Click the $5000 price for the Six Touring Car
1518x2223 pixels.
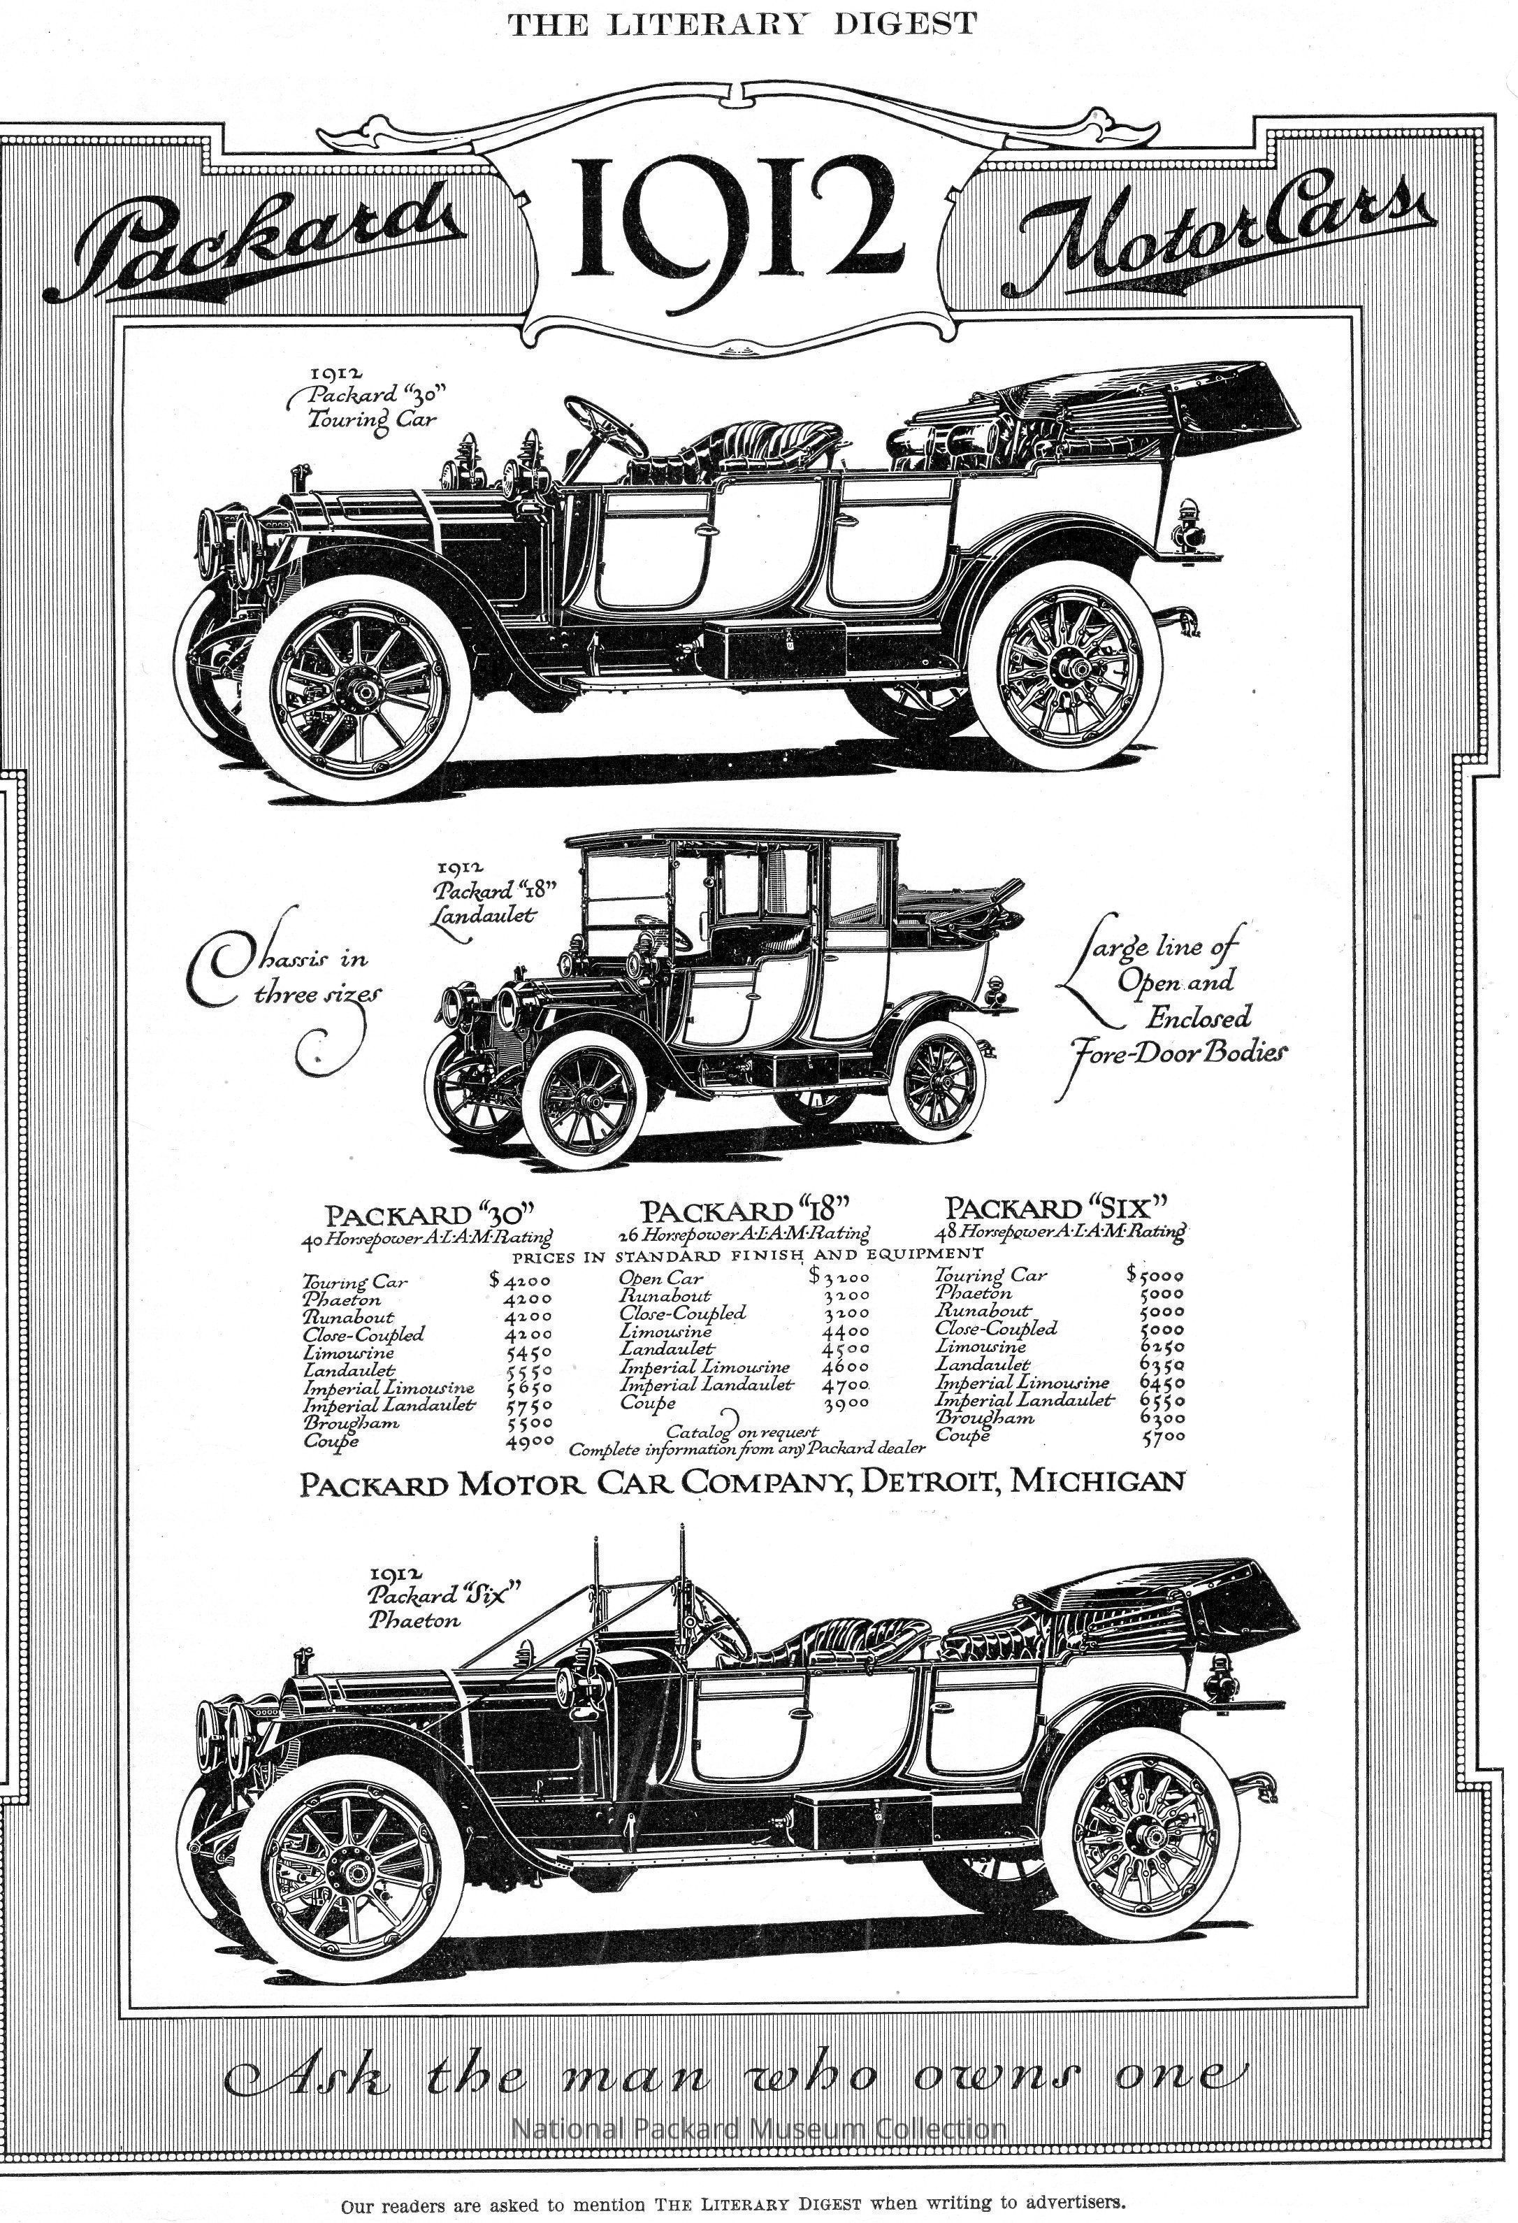pyautogui.click(x=1155, y=1275)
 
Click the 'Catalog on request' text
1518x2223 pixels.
pyautogui.click(x=742, y=1431)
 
